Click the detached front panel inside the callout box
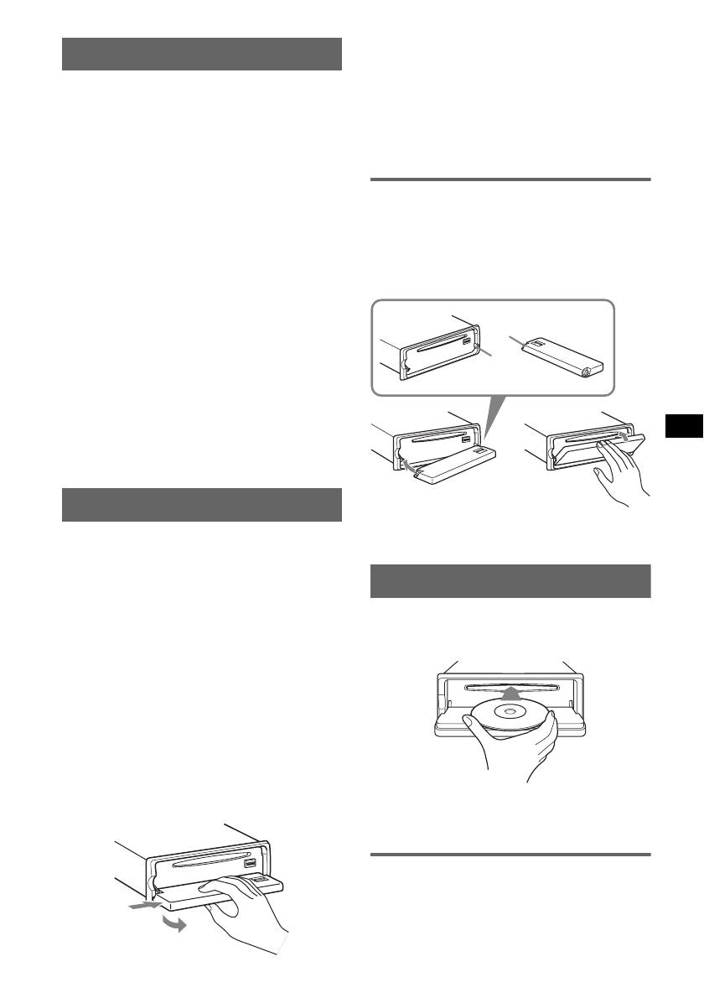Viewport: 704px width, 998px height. (557, 353)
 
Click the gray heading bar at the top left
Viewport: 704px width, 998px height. (202, 54)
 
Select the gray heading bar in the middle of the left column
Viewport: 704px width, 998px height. (202, 505)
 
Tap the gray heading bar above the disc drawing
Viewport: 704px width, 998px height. (510, 581)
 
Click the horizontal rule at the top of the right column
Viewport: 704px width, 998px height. (510, 179)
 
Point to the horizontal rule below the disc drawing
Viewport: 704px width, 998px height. (510, 855)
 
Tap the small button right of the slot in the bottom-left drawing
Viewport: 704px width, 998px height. (250, 863)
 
